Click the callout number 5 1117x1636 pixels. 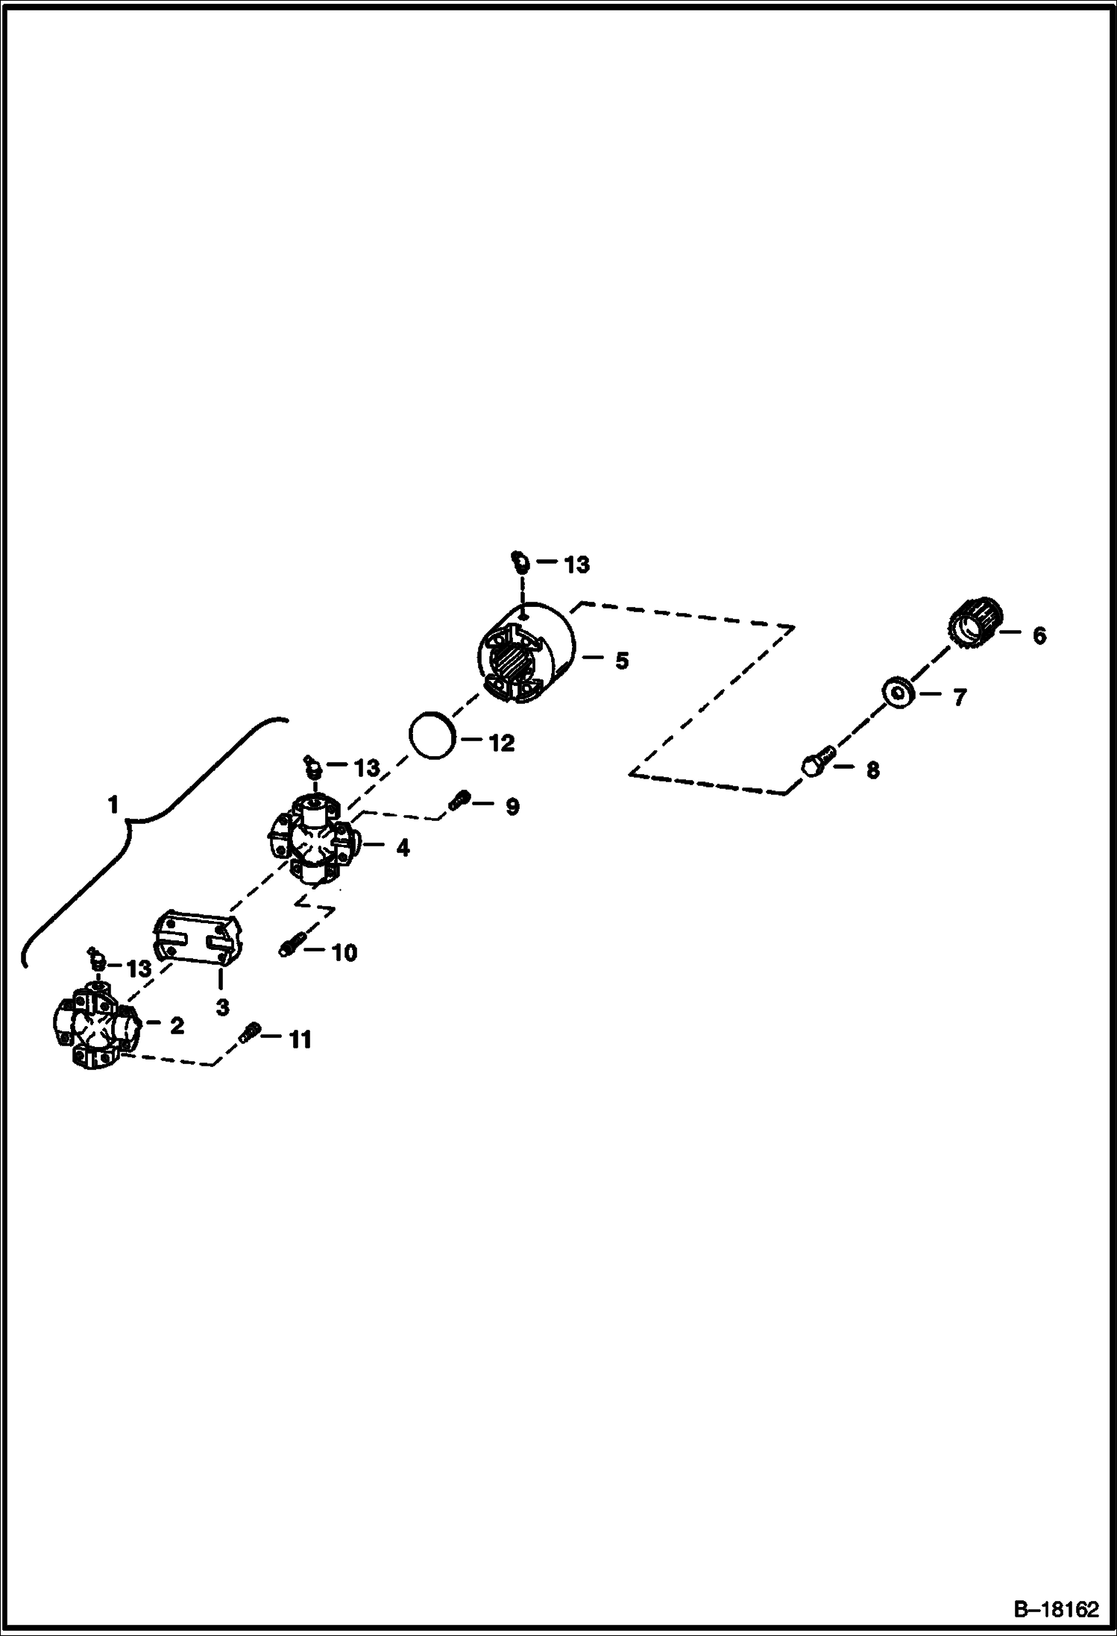tap(621, 661)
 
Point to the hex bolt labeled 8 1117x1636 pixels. tap(817, 763)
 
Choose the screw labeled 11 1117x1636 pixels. tap(249, 1035)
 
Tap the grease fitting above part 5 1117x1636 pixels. tap(520, 561)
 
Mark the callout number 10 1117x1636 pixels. tap(344, 952)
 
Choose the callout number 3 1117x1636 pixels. tap(222, 1007)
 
